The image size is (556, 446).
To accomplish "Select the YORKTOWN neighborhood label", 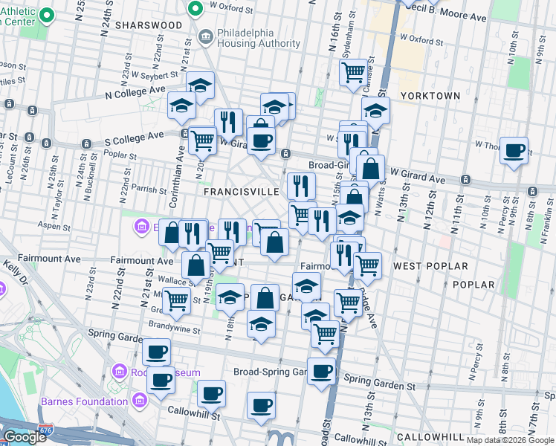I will tap(430, 96).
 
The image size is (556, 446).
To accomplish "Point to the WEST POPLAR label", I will tap(430, 266).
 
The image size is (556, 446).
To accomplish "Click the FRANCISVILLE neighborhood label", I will tap(241, 191).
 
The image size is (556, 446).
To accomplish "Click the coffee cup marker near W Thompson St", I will tap(514, 152).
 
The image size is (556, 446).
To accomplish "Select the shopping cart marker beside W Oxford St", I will tap(353, 72).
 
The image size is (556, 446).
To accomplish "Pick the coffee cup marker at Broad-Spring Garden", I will tap(321, 370).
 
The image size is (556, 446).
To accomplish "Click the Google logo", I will tap(25, 437).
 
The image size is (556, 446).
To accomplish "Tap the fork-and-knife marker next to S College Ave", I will tap(228, 122).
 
